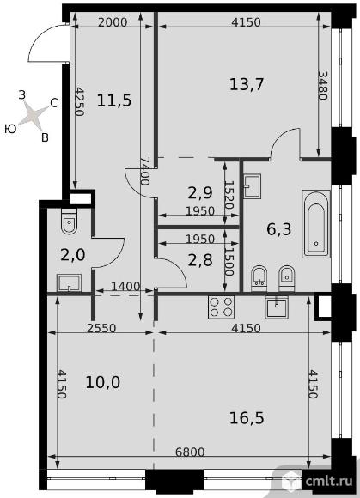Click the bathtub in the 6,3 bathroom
[x=316, y=224]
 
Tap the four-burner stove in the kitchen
[x=221, y=307]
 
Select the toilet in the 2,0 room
[x=69, y=222]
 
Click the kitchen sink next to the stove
[x=277, y=307]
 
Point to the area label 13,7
[x=247, y=85]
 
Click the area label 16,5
[x=247, y=418]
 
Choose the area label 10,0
[x=102, y=382]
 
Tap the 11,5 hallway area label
[x=114, y=100]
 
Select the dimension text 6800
[x=190, y=452]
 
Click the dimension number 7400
[x=144, y=171]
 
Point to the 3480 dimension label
[x=322, y=86]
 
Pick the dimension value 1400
[x=125, y=287]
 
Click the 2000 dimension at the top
[x=113, y=22]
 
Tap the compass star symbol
[x=33, y=115]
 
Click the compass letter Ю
[x=10, y=129]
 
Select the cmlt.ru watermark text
[x=329, y=482]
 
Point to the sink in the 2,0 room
[x=70, y=283]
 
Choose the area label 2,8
[x=200, y=260]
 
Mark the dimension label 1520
[x=229, y=195]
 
